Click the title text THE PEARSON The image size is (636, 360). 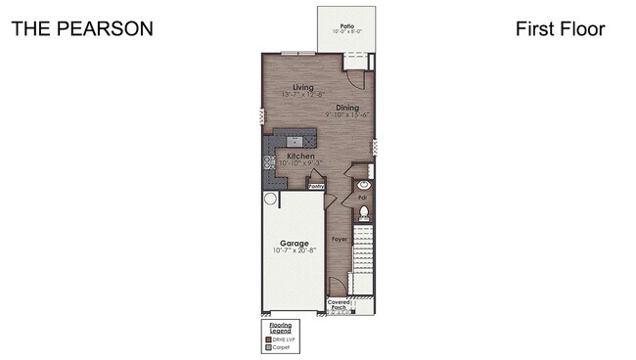pyautogui.click(x=81, y=28)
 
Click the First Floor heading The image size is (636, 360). pyautogui.click(x=560, y=28)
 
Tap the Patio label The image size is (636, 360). pyautogui.click(x=346, y=26)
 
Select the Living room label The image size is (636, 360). pyautogui.click(x=290, y=87)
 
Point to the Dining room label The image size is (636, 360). pyautogui.click(x=346, y=107)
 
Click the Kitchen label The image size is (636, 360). pyautogui.click(x=300, y=156)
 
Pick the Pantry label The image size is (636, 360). pyautogui.click(x=317, y=185)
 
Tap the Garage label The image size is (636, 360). pyautogui.click(x=295, y=243)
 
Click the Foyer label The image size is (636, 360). pyautogui.click(x=340, y=239)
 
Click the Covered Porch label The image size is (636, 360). pyautogui.click(x=339, y=305)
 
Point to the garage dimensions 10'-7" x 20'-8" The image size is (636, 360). pyautogui.click(x=295, y=251)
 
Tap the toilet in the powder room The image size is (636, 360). pyautogui.click(x=362, y=213)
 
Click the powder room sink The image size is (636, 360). pyautogui.click(x=362, y=184)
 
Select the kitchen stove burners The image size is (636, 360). pyautogui.click(x=266, y=163)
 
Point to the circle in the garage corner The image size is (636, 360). pyautogui.click(x=270, y=198)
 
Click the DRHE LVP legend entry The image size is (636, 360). pyautogui.click(x=283, y=338)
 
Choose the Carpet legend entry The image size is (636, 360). pyautogui.click(x=281, y=346)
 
